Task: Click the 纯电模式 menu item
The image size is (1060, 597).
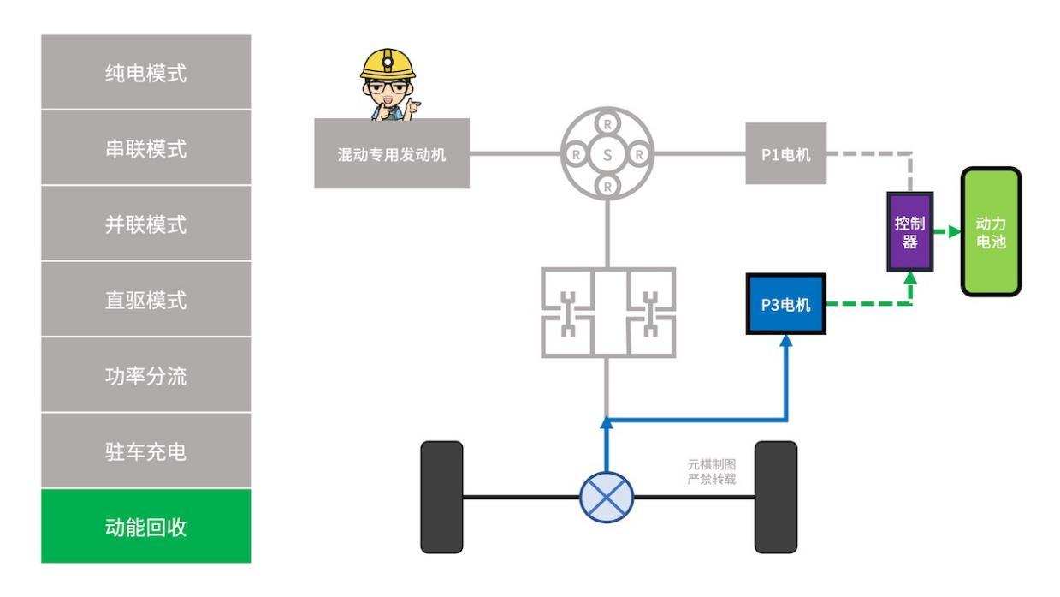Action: tap(145, 72)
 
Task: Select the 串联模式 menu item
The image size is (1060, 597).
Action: tap(145, 148)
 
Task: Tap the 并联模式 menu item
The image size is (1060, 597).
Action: tap(145, 224)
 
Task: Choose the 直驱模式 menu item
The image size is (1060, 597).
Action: tap(145, 300)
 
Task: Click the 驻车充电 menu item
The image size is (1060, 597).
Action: tap(145, 451)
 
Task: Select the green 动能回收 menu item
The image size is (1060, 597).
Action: tap(145, 527)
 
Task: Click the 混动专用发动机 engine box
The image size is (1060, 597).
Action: tap(392, 154)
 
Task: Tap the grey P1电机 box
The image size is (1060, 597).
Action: tap(786, 154)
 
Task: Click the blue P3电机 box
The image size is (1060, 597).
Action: tap(786, 304)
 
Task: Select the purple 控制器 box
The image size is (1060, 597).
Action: tap(909, 232)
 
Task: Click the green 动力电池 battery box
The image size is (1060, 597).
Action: tap(991, 232)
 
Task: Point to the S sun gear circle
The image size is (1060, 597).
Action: tap(607, 155)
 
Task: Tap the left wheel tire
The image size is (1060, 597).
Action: tap(442, 497)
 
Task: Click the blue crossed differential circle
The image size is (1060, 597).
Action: tap(607, 498)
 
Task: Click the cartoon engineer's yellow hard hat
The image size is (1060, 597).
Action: tap(388, 63)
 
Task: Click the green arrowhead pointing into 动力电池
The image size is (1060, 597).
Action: tap(953, 232)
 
